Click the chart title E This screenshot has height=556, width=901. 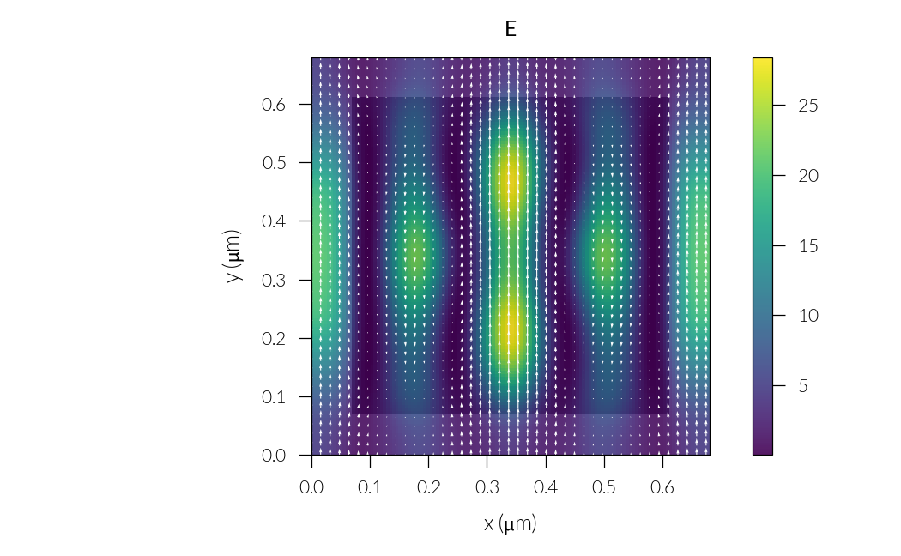coord(511,29)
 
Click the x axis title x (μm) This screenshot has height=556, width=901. coord(510,523)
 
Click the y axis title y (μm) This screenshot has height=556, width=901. coord(233,257)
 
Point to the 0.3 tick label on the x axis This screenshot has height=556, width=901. coord(487,487)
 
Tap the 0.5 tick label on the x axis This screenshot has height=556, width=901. coord(604,487)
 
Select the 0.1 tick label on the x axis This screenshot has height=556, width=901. coord(370,487)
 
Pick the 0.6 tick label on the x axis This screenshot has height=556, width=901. coord(662,487)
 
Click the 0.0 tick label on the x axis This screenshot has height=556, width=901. coord(311,487)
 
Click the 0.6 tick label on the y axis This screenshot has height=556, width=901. coord(274,104)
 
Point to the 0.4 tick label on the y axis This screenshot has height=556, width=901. coord(274,221)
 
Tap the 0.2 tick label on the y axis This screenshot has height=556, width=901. coord(274,338)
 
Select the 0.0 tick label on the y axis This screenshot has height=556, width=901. coord(274,456)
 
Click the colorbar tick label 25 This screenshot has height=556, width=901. coord(808,106)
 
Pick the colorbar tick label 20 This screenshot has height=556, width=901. coord(808,176)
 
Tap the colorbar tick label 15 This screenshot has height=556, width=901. coord(808,246)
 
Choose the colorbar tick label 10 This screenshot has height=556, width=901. coord(808,316)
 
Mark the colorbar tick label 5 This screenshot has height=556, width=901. coord(803,386)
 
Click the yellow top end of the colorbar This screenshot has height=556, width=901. coord(762,62)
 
